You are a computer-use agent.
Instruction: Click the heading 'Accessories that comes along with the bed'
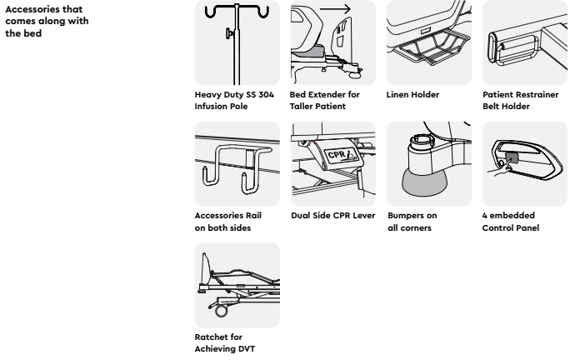(47, 21)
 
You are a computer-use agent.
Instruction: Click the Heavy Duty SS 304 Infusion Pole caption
(234, 100)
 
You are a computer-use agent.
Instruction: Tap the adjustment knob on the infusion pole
(230, 34)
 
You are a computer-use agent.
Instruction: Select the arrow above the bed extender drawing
(335, 9)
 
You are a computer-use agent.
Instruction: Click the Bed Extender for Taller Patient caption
(325, 100)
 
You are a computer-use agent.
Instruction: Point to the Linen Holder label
(412, 95)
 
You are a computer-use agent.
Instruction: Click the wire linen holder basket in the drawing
(429, 46)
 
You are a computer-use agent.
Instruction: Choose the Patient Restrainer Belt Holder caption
(521, 100)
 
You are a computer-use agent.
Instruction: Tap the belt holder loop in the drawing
(513, 49)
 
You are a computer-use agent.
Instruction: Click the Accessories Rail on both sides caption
(227, 222)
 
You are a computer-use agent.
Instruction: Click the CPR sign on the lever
(341, 155)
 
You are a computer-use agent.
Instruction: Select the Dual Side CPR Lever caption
(332, 216)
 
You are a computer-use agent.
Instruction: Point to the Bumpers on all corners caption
(412, 222)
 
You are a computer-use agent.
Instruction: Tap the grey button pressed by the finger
(512, 158)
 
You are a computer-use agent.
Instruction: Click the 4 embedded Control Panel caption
(511, 222)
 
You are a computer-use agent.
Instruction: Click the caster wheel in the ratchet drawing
(221, 310)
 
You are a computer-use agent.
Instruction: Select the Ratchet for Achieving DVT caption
(224, 343)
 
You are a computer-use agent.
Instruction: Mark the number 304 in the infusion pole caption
(266, 95)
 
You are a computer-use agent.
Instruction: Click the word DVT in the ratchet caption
(246, 349)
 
